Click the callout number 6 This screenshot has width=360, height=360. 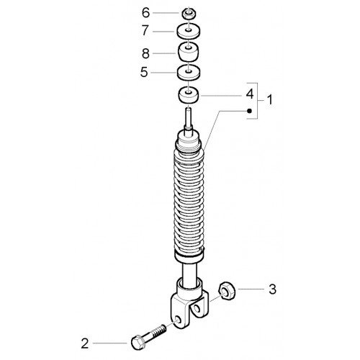point(145,13)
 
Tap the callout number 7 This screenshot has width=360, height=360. point(145,31)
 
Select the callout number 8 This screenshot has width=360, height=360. point(145,53)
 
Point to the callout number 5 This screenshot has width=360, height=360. point(144,72)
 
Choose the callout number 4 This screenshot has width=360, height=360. point(250,94)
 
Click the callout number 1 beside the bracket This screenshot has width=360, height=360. point(270,100)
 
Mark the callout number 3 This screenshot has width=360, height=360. point(272,289)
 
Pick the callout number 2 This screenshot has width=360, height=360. point(85,343)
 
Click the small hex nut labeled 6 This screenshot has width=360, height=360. point(189,14)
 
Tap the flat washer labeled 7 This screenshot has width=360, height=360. point(189,31)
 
